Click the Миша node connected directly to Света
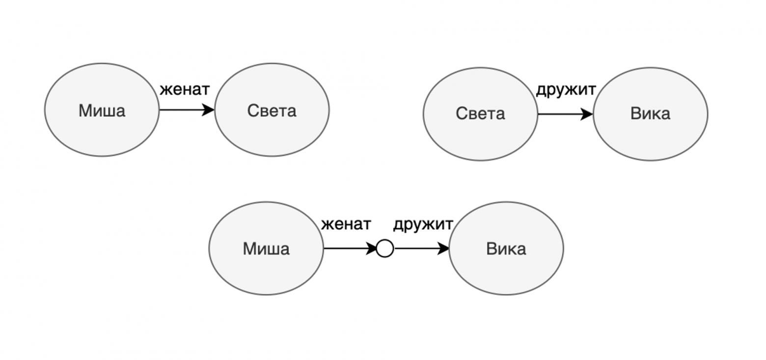click(x=102, y=110)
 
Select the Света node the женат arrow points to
click(x=272, y=110)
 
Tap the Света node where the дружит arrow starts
click(x=480, y=114)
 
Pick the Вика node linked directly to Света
click(x=650, y=114)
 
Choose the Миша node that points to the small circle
click(x=266, y=249)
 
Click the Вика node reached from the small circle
click(x=506, y=249)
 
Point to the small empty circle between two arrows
click(x=385, y=249)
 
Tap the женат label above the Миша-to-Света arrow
click(x=185, y=89)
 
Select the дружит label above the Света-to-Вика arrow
click(x=566, y=89)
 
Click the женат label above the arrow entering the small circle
click(x=346, y=224)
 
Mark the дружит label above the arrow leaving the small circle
click(x=423, y=224)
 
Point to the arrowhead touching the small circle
click(x=371, y=249)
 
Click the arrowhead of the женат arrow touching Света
click(x=209, y=110)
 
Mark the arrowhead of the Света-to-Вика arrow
click(x=588, y=114)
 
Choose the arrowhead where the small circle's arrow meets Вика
click(x=444, y=249)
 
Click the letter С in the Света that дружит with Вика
click(x=460, y=114)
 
